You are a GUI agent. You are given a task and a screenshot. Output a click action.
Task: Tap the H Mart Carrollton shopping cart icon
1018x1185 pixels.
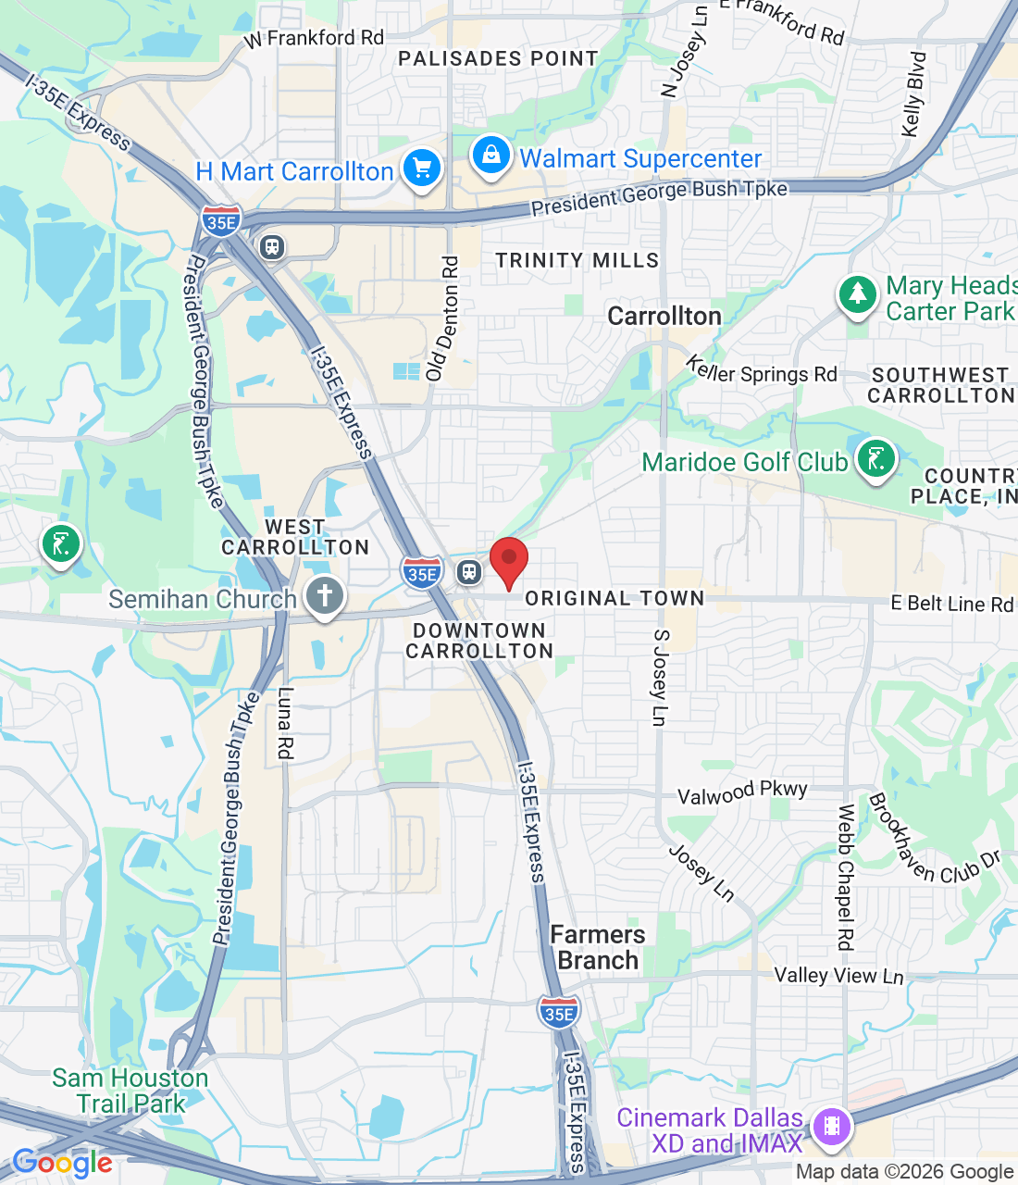point(422,169)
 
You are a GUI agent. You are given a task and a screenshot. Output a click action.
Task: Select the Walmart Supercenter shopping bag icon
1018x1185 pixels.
point(490,156)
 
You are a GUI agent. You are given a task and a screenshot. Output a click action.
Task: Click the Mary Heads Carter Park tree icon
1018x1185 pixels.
point(858,295)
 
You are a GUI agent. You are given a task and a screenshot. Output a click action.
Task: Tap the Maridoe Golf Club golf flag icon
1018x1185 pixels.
point(875,459)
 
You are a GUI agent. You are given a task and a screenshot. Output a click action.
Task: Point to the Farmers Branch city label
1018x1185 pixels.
point(598,947)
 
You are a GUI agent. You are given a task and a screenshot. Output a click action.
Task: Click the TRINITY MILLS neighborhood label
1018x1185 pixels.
point(577,261)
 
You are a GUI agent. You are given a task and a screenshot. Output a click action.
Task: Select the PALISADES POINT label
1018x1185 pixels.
point(499,59)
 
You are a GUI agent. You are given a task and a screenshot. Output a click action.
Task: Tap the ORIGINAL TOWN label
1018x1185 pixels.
point(615,599)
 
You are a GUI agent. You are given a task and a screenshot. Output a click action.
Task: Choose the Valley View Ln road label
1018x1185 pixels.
point(838,975)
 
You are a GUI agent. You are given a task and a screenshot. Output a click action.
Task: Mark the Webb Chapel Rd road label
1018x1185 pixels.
point(845,877)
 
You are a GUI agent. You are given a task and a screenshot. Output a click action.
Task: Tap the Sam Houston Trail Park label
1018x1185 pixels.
point(130,1091)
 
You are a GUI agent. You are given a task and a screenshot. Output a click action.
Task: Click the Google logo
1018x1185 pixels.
point(62,1163)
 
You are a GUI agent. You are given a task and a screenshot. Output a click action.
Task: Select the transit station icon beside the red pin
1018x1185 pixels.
point(470,572)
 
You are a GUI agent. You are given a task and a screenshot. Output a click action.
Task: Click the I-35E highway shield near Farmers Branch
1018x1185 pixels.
point(559,1011)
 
